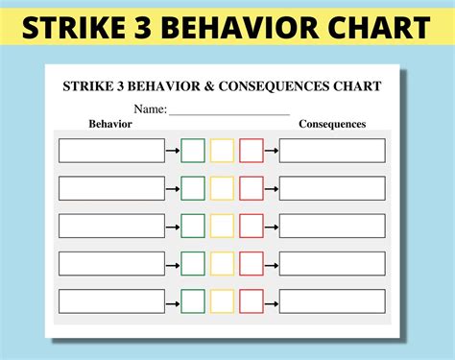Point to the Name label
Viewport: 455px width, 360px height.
(x=150, y=108)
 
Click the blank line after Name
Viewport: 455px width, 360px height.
(x=229, y=110)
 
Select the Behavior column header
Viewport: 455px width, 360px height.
(x=109, y=124)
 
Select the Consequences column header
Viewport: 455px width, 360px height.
(x=332, y=124)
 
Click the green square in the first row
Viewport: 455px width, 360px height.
(x=193, y=151)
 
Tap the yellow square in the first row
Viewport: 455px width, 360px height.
(x=222, y=151)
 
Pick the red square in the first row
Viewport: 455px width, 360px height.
(x=251, y=151)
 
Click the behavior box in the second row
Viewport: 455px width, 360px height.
(x=111, y=188)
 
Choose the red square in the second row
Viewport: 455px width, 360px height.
(x=251, y=188)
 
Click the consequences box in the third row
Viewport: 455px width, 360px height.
(x=332, y=226)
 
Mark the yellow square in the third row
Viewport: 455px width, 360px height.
(x=222, y=226)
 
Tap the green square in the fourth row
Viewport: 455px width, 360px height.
(x=193, y=263)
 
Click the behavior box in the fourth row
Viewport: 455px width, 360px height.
(x=111, y=263)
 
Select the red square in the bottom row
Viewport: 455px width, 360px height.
(x=251, y=300)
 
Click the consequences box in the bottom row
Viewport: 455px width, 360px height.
(x=332, y=300)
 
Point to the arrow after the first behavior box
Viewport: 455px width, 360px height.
(x=173, y=151)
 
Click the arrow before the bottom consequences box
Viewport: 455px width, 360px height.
(x=272, y=300)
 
